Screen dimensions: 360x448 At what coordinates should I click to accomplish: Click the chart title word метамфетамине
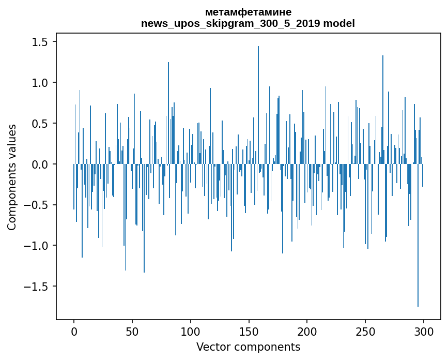tap(248, 12)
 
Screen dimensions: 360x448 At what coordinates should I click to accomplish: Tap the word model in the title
tap(341, 24)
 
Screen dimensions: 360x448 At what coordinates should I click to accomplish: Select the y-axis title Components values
tap(12, 177)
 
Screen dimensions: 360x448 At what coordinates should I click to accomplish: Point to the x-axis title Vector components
tap(248, 347)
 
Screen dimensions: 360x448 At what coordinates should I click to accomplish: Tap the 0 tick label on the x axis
tap(74, 331)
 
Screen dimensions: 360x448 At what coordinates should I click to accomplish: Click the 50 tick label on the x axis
tap(132, 331)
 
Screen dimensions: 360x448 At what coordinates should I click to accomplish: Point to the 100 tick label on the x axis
tap(191, 331)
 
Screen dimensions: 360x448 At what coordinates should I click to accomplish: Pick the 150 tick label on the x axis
tap(249, 331)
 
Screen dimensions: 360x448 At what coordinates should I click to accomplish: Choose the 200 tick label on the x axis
tap(307, 331)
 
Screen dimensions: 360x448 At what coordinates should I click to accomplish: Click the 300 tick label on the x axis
tap(424, 331)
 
